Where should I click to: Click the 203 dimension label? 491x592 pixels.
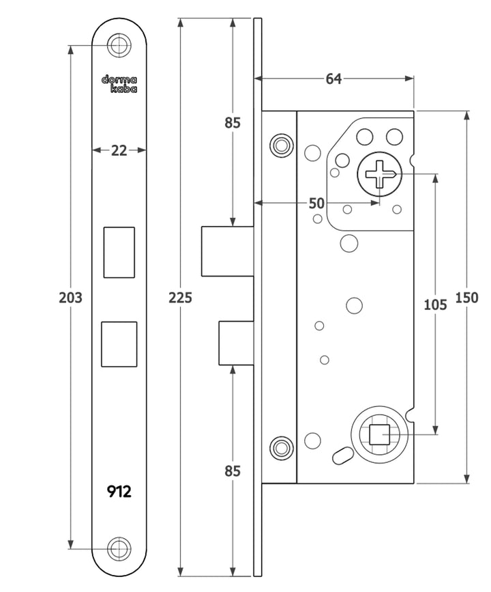click(70, 298)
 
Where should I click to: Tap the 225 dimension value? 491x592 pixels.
click(181, 298)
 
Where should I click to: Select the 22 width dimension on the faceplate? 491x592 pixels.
click(119, 150)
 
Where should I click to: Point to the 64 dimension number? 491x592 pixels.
click(333, 79)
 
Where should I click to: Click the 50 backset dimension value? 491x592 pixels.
click(316, 203)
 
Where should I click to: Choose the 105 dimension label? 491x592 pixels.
click(435, 305)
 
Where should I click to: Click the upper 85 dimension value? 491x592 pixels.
click(233, 123)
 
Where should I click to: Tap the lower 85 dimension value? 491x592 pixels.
click(233, 470)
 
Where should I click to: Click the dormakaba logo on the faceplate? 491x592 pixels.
click(119, 83)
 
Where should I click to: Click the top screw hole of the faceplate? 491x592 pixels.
click(119, 46)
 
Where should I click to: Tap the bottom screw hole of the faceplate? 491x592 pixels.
click(119, 548)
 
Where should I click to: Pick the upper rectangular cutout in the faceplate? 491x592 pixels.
click(119, 253)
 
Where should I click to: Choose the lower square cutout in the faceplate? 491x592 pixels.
click(119, 343)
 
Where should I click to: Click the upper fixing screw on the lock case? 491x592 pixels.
click(280, 145)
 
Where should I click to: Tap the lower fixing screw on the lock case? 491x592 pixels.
click(280, 447)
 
